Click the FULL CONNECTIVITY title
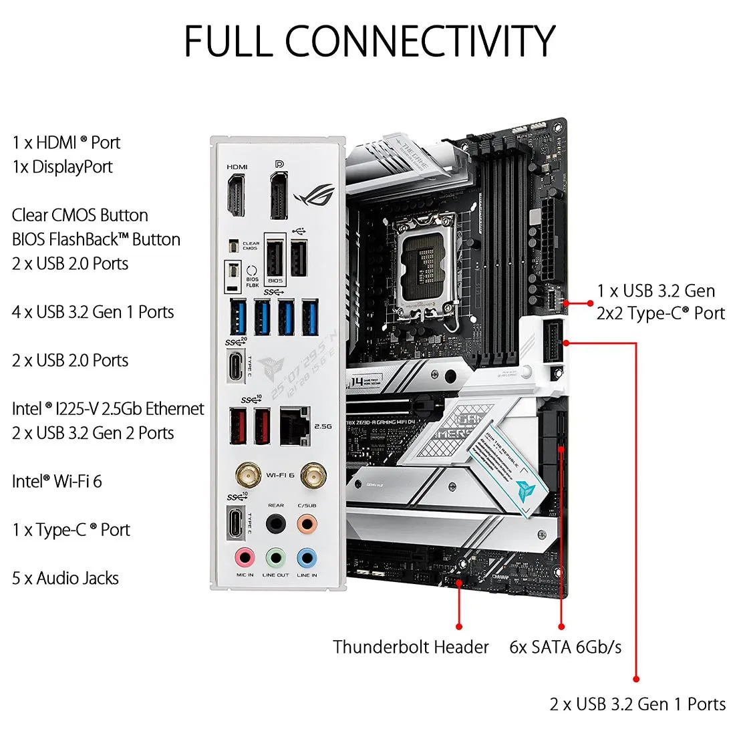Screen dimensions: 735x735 (369, 41)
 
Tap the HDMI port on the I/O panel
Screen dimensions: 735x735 (237, 195)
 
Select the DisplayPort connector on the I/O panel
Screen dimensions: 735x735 (279, 195)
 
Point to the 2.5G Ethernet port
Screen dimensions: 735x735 (295, 426)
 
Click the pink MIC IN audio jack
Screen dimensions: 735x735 (245, 557)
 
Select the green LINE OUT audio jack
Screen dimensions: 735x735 (275, 557)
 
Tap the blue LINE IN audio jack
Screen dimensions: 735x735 (307, 557)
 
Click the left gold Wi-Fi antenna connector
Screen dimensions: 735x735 (248, 476)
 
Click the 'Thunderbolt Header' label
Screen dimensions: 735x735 (411, 647)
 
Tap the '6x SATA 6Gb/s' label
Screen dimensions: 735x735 (565, 647)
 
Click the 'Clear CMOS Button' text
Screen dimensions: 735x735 (80, 215)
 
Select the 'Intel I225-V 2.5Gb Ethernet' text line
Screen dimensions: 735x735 (108, 408)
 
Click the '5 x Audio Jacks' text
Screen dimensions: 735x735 (65, 578)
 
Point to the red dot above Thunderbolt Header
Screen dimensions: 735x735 (459, 626)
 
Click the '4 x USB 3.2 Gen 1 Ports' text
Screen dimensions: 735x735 (93, 312)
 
